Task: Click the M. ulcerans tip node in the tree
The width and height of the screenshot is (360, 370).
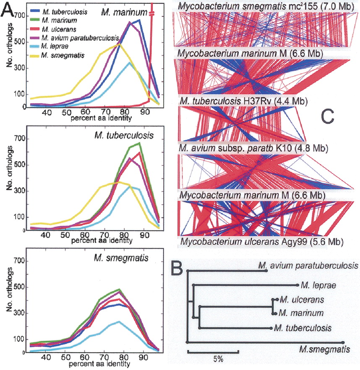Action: click(x=274, y=300)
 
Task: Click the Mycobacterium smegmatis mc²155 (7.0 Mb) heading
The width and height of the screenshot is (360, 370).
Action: click(x=266, y=6)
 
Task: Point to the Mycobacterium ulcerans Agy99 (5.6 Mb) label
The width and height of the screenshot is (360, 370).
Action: click(x=262, y=242)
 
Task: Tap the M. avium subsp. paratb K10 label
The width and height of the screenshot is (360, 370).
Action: click(x=253, y=148)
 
